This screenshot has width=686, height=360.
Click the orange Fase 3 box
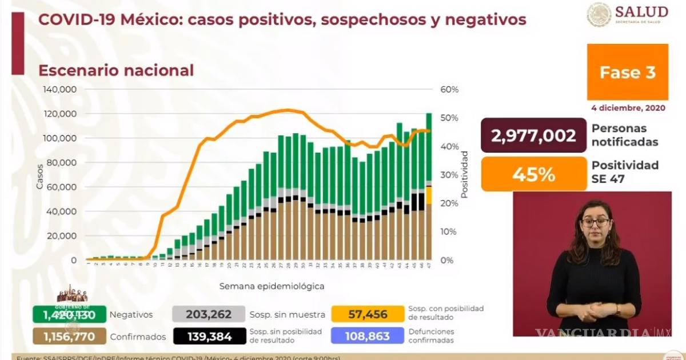627,73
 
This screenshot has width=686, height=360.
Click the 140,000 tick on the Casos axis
61,90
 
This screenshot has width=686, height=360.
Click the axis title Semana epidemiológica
272,285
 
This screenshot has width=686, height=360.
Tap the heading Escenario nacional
116,70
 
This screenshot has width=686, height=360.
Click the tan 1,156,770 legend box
69,336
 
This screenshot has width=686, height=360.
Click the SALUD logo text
641,11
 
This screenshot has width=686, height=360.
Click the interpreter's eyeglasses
595,222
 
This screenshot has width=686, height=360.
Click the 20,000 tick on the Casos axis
63,236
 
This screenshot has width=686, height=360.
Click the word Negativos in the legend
131,314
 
